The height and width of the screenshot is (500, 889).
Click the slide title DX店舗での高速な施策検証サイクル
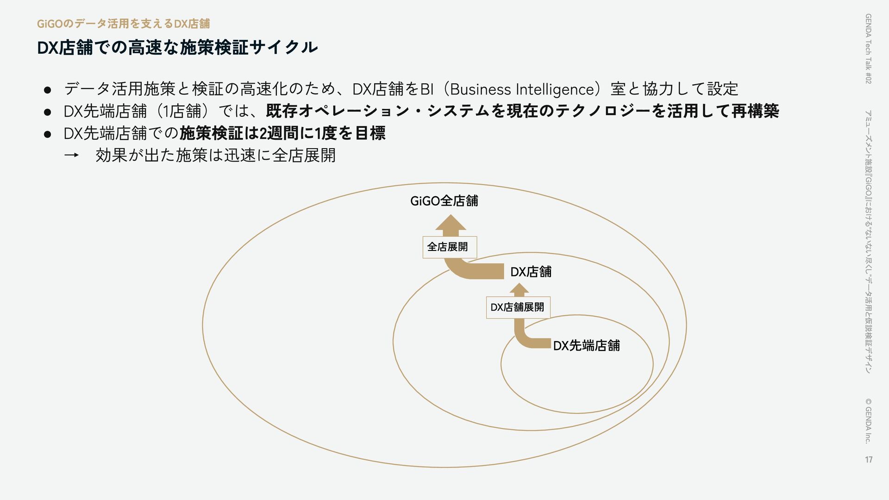click(x=177, y=47)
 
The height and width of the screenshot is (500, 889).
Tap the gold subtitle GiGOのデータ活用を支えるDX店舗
click(x=123, y=24)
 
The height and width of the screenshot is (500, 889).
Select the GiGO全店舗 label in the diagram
click(x=444, y=201)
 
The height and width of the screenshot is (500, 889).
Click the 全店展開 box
click(x=449, y=247)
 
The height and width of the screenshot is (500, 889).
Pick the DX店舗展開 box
click(x=518, y=307)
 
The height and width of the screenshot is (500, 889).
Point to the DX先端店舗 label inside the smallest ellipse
click(x=586, y=345)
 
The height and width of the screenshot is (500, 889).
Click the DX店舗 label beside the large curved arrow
click(x=531, y=272)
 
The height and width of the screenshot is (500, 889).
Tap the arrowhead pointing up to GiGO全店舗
click(x=451, y=223)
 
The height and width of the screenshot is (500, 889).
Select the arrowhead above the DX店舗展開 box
click(x=519, y=289)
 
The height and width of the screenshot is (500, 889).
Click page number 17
click(x=868, y=459)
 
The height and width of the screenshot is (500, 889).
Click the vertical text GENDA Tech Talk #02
click(x=868, y=49)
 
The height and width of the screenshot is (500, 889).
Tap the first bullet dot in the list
click(x=47, y=89)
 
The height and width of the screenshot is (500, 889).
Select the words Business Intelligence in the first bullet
click(x=522, y=89)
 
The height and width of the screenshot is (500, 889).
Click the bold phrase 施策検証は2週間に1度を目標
click(x=282, y=133)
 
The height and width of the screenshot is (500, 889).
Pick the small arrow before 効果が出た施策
click(x=71, y=156)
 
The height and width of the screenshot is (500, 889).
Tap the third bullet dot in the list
click(x=47, y=134)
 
